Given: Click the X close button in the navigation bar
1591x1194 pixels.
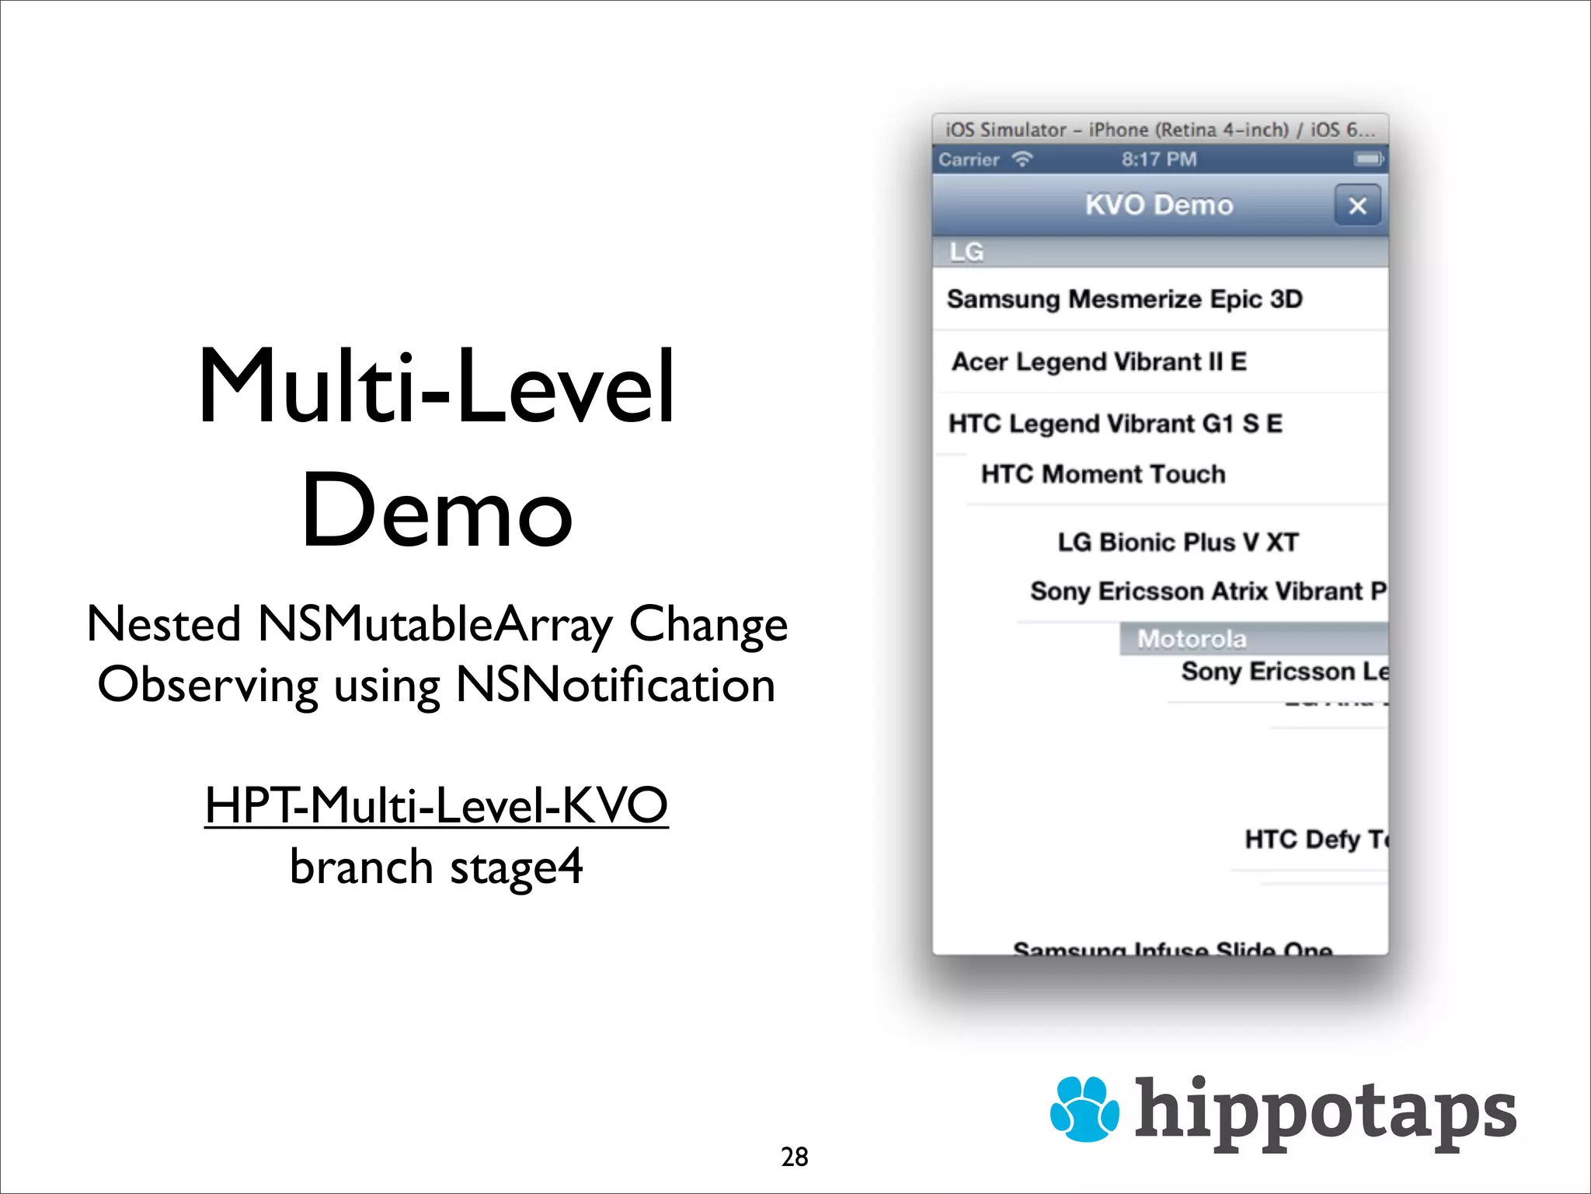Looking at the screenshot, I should (x=1357, y=206).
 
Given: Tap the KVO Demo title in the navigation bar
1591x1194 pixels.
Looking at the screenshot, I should (x=1159, y=205).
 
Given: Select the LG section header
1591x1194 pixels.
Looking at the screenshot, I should (x=966, y=252).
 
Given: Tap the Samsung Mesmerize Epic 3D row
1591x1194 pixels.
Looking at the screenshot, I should (x=1124, y=299).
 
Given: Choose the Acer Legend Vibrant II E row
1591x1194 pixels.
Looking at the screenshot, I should (x=1099, y=361).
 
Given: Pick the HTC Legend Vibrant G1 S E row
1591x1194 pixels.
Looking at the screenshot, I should (x=1115, y=424).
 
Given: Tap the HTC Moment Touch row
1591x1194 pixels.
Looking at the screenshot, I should (x=1103, y=474).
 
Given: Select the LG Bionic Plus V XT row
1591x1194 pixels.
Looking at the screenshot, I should (x=1178, y=542).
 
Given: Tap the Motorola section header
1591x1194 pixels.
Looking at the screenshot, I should (x=1192, y=639).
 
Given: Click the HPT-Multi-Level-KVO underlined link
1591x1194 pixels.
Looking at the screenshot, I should (x=436, y=805).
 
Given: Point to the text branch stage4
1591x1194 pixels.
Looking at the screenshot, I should (x=436, y=867).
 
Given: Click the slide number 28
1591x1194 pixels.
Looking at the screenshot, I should (x=794, y=1157).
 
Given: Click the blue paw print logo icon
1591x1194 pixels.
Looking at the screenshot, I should (x=1084, y=1108).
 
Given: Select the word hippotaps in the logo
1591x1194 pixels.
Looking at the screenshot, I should (x=1325, y=1112).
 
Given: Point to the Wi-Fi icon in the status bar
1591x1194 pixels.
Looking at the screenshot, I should (x=1022, y=159).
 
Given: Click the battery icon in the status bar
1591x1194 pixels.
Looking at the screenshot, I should (x=1368, y=159).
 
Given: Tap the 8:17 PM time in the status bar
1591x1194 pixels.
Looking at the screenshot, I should (x=1159, y=159).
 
